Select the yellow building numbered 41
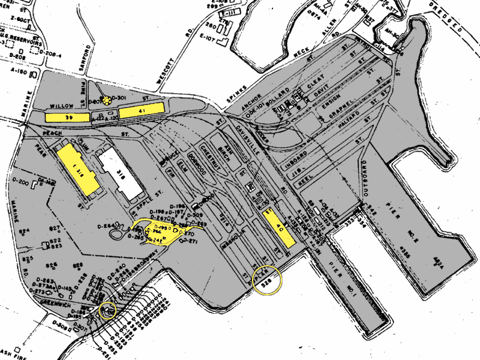click(x=142, y=110)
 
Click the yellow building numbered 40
click(x=279, y=227)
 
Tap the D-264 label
click(x=111, y=226)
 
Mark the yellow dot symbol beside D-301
click(x=107, y=100)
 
